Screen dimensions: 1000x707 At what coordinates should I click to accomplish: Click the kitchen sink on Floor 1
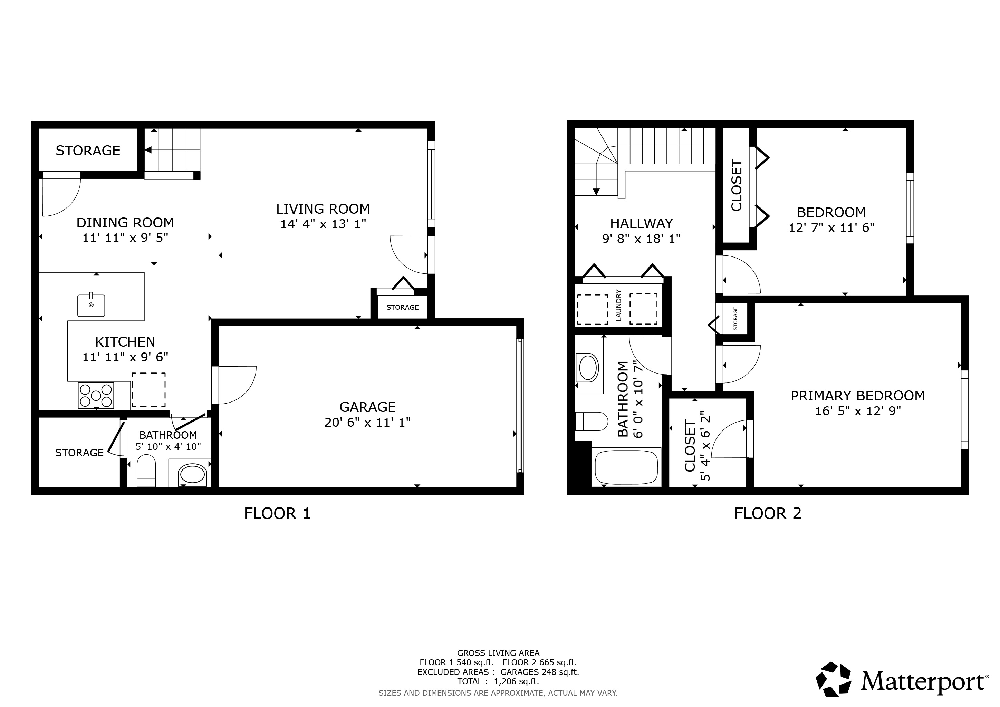(x=91, y=305)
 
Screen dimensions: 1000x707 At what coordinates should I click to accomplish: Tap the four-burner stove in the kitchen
(x=96, y=395)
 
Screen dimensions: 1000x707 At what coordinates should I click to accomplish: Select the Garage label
(x=368, y=407)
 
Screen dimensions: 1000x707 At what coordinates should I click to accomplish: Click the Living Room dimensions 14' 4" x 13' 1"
(x=323, y=224)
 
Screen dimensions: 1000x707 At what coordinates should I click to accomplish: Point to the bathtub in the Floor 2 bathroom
(x=626, y=467)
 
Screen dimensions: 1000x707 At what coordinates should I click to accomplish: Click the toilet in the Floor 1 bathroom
(x=146, y=471)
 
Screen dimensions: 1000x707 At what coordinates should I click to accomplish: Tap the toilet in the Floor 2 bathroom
(x=592, y=422)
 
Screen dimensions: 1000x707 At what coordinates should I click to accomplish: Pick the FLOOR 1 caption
(x=277, y=514)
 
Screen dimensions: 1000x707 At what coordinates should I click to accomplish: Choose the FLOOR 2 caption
(x=768, y=514)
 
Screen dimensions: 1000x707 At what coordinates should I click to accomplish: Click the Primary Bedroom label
(x=858, y=396)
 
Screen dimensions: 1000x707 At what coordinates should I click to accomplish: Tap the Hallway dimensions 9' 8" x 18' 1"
(x=641, y=239)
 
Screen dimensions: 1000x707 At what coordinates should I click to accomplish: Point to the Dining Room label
(x=125, y=223)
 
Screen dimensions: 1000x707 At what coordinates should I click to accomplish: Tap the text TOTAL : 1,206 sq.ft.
(x=498, y=682)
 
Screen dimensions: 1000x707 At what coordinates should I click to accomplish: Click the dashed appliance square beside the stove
(x=148, y=390)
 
